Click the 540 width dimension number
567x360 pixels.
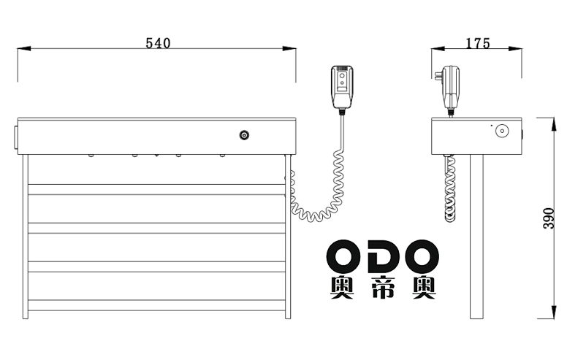click(158, 43)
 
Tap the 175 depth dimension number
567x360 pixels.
click(477, 43)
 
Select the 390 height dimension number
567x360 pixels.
click(549, 218)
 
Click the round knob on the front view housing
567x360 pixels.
click(244, 135)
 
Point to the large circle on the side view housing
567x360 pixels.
click(502, 131)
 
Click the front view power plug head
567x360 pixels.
click(342, 87)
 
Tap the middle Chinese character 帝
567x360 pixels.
click(383, 288)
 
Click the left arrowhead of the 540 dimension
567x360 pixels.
click(24, 48)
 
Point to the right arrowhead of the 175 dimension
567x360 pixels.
click(515, 48)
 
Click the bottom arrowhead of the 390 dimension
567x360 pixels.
click(553, 312)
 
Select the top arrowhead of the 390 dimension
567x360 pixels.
click(553, 125)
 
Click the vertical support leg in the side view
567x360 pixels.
click(476, 237)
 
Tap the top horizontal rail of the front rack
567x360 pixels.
click(156, 189)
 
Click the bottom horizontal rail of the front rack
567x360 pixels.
click(156, 305)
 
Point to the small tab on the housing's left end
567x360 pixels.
click(16, 137)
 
